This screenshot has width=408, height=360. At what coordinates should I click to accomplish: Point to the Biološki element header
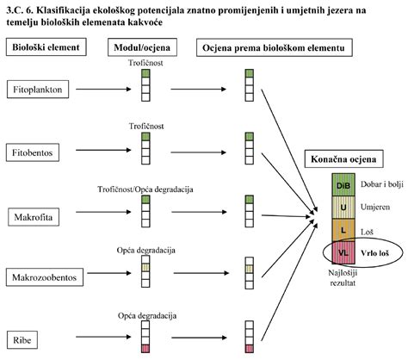pos(46,45)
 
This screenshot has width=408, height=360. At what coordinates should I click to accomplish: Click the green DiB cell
pos(342,185)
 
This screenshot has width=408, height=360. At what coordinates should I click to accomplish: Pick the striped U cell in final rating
pos(342,208)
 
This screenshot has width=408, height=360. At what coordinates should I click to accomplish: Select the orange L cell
pos(342,230)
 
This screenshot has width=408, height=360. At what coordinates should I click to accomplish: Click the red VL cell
pos(342,252)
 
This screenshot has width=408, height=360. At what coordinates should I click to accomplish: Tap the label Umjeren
pos(374,208)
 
